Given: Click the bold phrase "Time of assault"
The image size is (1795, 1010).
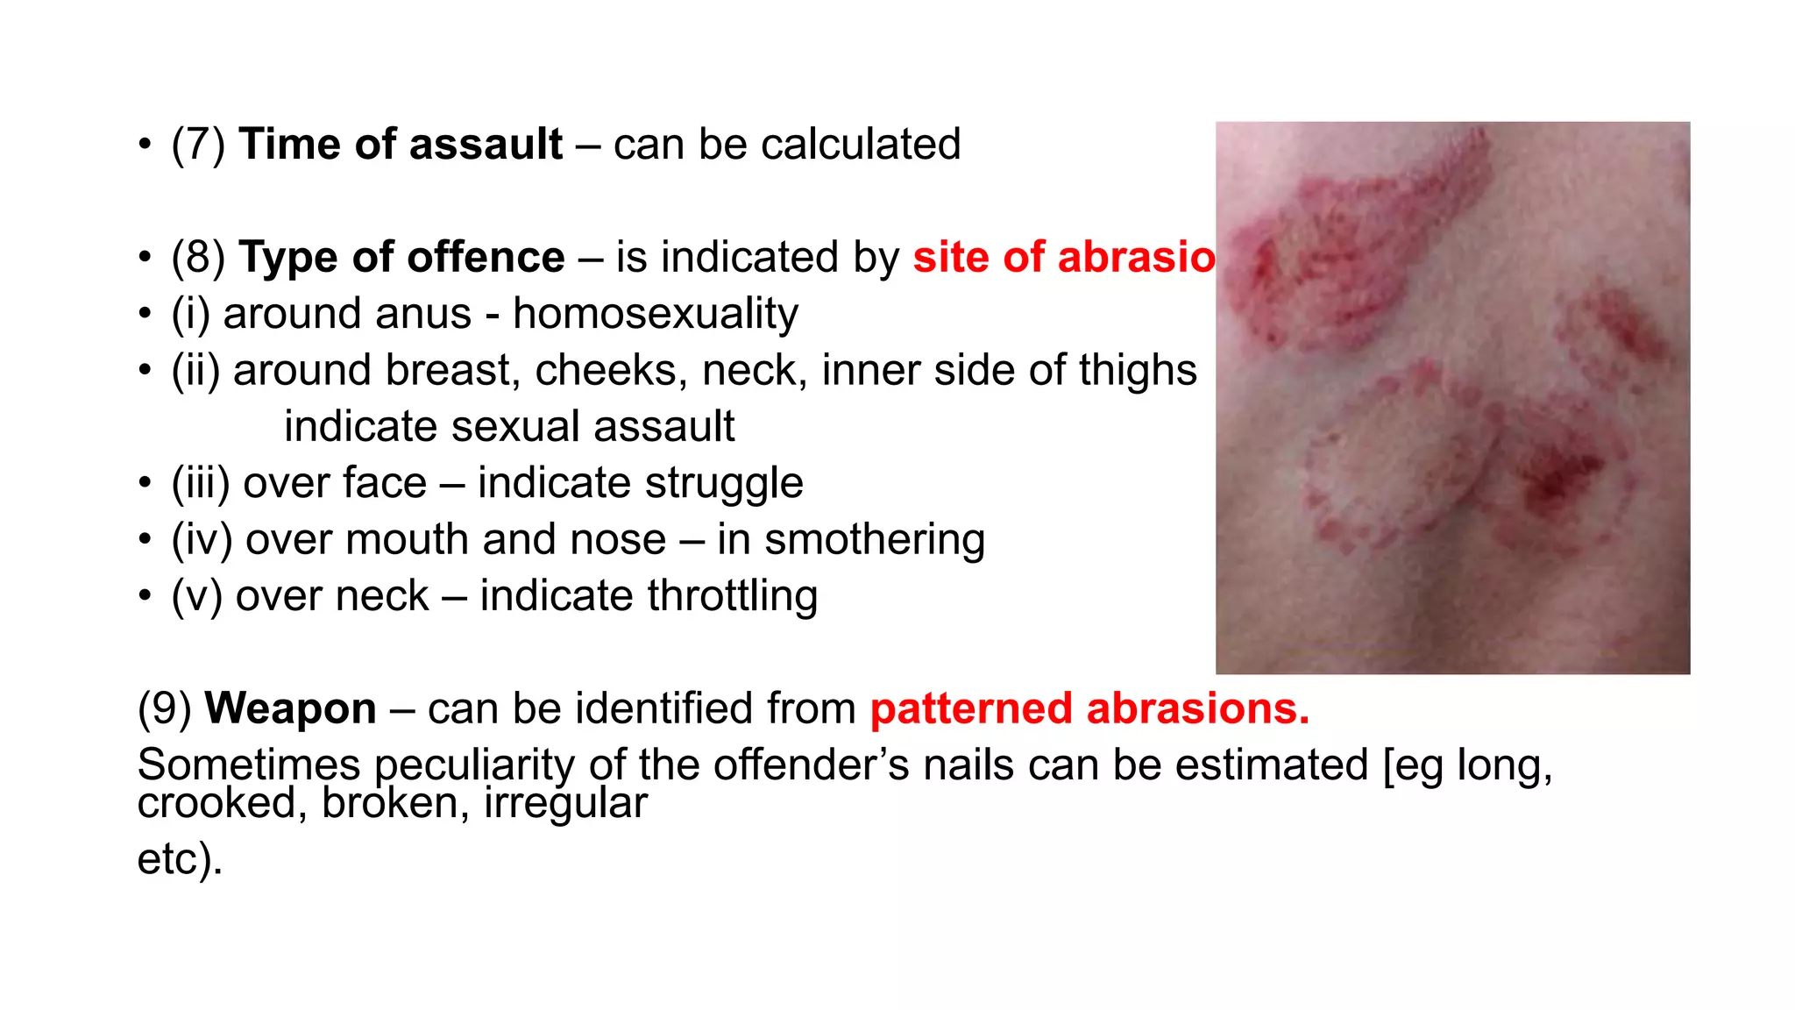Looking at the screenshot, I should point(400,145).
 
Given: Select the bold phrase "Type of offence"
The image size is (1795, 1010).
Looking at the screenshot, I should point(401,258).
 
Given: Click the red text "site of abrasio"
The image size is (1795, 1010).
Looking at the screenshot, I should point(1063,258).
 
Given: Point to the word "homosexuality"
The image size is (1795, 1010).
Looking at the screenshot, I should point(655,314).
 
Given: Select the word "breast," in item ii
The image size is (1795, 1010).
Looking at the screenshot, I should point(453,370).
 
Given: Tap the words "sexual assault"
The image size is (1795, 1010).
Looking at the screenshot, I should point(592,427).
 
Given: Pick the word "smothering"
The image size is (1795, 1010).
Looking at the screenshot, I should point(874,539).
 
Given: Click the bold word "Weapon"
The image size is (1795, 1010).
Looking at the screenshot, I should point(290,708).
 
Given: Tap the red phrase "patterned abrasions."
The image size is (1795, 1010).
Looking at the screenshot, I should point(1089,708).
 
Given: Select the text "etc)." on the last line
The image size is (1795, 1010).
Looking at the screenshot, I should point(180,858).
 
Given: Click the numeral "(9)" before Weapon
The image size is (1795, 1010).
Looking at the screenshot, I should point(165,708).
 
